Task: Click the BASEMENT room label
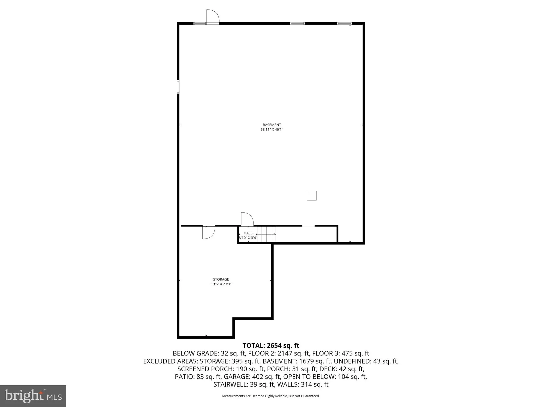(x=272, y=125)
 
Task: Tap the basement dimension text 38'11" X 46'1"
(x=272, y=130)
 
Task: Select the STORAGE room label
(x=221, y=279)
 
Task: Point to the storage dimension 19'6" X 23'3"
(x=221, y=284)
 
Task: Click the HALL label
(x=248, y=233)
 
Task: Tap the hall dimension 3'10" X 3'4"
(x=248, y=238)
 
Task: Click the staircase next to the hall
(x=266, y=234)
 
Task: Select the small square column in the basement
(x=311, y=196)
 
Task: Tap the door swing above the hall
(x=247, y=219)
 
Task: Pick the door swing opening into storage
(x=208, y=232)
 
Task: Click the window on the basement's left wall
(x=178, y=87)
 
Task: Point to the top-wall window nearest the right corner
(x=344, y=24)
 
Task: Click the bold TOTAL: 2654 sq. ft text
(x=271, y=346)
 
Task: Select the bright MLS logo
(x=33, y=396)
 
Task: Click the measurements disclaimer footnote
(x=271, y=396)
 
